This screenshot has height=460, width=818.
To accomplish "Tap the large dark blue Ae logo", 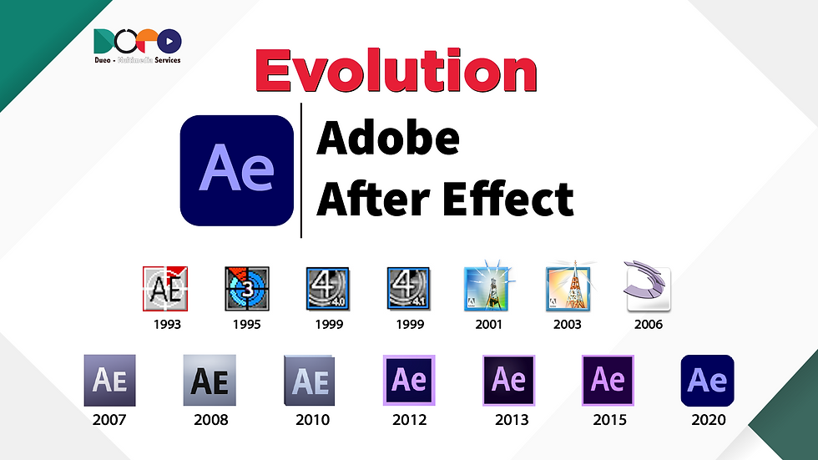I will [x=236, y=170].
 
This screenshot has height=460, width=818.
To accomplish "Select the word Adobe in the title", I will [x=388, y=139].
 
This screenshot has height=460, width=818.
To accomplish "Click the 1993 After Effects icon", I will [x=165, y=290].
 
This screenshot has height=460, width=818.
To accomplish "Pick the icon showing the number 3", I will [x=247, y=290].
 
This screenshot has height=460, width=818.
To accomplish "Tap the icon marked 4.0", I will [x=328, y=290].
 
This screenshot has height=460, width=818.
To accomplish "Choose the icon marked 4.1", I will [x=408, y=290].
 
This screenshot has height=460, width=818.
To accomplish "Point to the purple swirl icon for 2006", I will [x=647, y=290].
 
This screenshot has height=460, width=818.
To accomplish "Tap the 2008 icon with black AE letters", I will [x=210, y=381].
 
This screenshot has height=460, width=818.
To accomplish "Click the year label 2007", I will [x=109, y=419].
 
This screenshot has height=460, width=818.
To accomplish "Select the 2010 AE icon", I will [x=310, y=381].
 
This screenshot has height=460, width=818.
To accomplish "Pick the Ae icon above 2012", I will [x=409, y=381].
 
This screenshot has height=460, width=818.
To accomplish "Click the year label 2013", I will [x=509, y=419].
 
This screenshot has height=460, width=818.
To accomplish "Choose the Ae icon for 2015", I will [x=608, y=381].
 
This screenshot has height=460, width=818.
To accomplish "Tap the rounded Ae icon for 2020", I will [x=708, y=381].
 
